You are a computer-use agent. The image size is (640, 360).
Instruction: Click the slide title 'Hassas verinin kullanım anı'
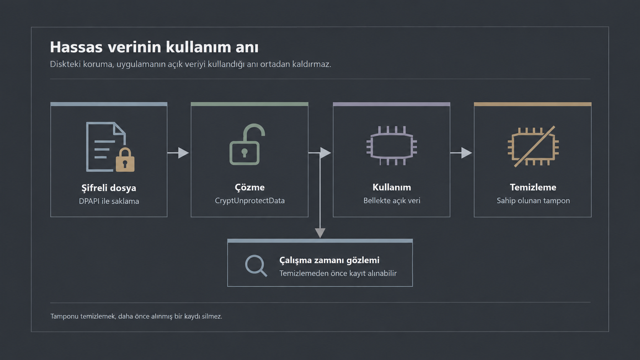[x=154, y=47]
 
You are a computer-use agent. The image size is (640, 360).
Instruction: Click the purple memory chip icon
[x=392, y=146]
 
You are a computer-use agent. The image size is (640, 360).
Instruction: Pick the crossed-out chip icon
[x=533, y=146]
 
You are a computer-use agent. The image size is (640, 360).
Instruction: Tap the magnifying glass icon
[x=256, y=266]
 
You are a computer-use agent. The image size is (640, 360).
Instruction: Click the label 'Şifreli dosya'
[x=109, y=188]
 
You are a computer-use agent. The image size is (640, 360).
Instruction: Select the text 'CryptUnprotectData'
[x=250, y=201]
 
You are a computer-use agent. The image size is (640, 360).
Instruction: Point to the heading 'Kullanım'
[x=392, y=187]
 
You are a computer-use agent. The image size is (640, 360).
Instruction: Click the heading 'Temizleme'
[x=533, y=187]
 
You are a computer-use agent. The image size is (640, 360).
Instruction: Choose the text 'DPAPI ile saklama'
[x=109, y=201]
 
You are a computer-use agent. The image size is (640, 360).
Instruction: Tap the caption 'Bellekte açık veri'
[x=392, y=201]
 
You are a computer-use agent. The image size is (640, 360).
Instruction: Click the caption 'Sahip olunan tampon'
[x=533, y=201]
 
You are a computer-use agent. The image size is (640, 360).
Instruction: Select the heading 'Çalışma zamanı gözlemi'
[x=329, y=261]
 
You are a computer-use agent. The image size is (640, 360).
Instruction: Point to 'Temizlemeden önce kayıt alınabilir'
[x=338, y=274]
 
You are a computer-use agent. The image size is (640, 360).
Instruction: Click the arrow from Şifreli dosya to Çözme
[x=178, y=153]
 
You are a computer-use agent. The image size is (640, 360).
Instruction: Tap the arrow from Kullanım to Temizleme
[x=461, y=153]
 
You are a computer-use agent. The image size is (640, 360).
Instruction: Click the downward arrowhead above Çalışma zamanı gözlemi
[x=320, y=233]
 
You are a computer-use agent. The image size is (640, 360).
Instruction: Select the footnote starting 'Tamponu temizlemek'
[x=136, y=316]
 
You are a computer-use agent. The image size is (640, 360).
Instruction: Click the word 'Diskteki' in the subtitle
[x=65, y=64]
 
